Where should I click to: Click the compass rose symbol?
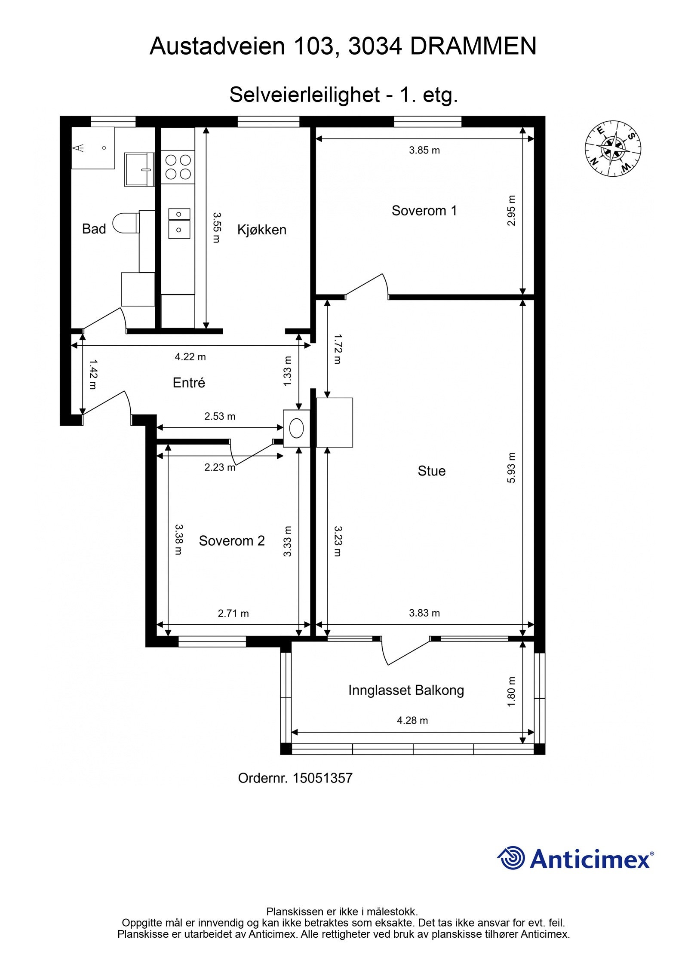(612, 148)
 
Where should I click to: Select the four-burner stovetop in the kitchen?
(178, 167)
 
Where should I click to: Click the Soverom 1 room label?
(424, 211)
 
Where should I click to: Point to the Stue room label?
(431, 471)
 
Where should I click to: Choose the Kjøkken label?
(262, 230)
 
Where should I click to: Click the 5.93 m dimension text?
(511, 467)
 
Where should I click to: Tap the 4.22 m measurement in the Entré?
(190, 356)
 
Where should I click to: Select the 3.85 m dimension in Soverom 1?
(424, 150)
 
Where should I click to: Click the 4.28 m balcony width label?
(412, 720)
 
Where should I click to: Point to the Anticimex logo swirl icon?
(511, 857)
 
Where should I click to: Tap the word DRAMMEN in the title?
(473, 46)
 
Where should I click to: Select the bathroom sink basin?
(139, 169)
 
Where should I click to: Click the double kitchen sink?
(179, 223)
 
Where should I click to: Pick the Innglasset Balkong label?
(406, 690)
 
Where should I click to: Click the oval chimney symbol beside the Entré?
(297, 428)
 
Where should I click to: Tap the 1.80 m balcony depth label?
(511, 691)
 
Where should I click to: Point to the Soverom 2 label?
(232, 540)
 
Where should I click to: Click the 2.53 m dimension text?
(220, 416)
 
